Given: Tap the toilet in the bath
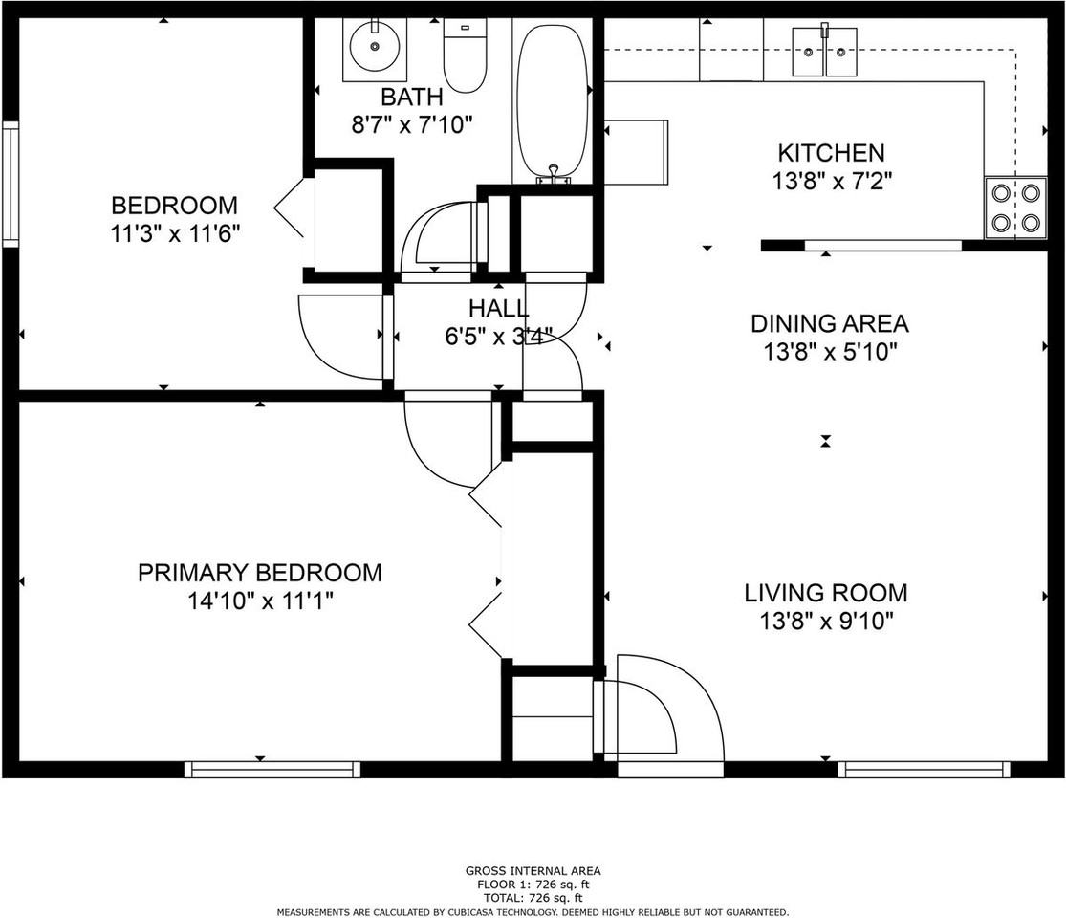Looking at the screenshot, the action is pos(465,55).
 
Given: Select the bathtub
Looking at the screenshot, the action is pos(552,102).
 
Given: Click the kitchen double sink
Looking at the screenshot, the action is pos(825,52).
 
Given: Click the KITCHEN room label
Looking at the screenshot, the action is pos(832,152).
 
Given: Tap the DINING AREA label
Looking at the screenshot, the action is pos(830,323).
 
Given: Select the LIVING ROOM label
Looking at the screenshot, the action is pos(826,593).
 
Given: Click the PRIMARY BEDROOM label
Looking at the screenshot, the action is pos(260,573).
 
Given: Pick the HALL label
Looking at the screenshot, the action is pos(499,309).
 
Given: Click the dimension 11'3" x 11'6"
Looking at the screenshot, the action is pos(176,234).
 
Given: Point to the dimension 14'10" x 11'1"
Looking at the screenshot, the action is pos(261,601).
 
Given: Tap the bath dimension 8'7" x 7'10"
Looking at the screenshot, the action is pos(412,125).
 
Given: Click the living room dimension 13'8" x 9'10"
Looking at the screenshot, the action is pos(826,622).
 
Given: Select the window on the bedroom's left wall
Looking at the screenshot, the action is pos(11,184).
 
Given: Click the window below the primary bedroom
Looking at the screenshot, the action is pos(272,769).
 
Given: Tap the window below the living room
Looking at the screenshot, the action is pos(925,769).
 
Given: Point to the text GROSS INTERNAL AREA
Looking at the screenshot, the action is pos(533,871).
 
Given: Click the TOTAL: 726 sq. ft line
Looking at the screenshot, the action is pos(533,898).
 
